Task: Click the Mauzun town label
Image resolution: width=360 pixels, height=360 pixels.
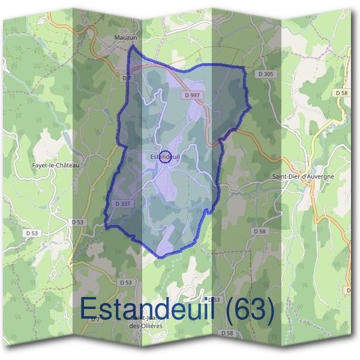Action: pyautogui.click(x=127, y=37)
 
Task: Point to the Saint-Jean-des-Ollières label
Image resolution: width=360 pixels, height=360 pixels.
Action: pyautogui.click(x=146, y=322)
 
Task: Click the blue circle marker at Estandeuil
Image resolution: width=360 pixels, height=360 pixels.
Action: pyautogui.click(x=166, y=157)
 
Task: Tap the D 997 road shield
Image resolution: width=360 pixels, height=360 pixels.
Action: pyautogui.click(x=191, y=95)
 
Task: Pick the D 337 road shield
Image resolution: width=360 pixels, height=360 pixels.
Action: pyautogui.click(x=122, y=203)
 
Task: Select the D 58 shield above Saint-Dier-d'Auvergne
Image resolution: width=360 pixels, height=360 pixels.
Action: pyautogui.click(x=341, y=93)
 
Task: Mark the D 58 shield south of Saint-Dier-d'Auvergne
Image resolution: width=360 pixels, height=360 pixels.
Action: pyautogui.click(x=259, y=231)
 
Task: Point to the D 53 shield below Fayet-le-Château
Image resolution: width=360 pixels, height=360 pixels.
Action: pyautogui.click(x=32, y=232)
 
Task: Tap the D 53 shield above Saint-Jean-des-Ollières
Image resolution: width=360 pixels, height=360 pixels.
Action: pyautogui.click(x=125, y=282)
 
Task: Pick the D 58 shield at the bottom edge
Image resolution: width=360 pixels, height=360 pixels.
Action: pyautogui.click(x=227, y=333)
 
